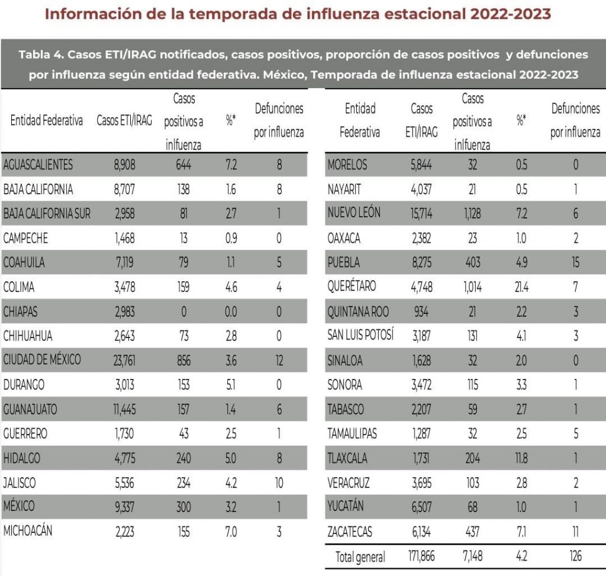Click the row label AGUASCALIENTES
tap(38, 165)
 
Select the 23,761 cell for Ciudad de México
tap(124, 360)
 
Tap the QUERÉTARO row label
tap(352, 287)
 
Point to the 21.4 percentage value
tap(521, 287)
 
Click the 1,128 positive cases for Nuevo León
tap(472, 214)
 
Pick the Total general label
tap(360, 557)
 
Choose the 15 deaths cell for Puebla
tap(575, 262)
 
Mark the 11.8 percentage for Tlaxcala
tap(521, 458)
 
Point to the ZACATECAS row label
tap(350, 532)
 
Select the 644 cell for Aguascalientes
tap(184, 165)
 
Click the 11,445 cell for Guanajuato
tap(124, 409)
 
